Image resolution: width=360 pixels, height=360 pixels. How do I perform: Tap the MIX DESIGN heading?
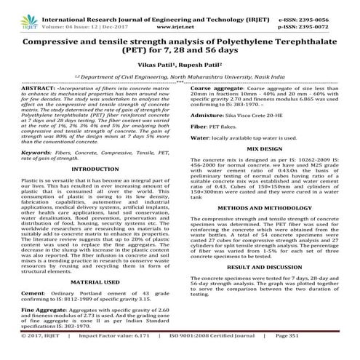click(x=268, y=169)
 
